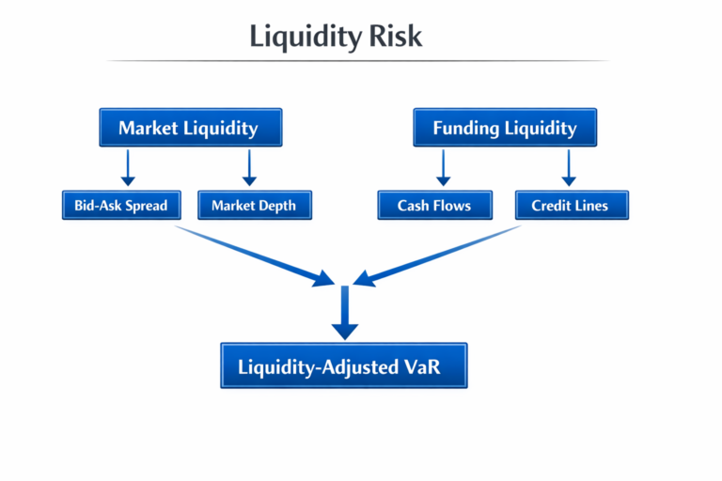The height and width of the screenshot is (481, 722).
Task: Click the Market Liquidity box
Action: click(x=190, y=128)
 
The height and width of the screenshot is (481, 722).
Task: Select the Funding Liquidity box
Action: click(x=505, y=128)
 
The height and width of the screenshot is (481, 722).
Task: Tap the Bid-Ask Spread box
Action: click(x=120, y=205)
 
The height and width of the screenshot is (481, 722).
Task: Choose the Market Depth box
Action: click(x=254, y=205)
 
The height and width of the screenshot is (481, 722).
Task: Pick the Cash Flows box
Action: click(x=434, y=205)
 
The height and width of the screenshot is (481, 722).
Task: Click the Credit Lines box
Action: click(x=571, y=205)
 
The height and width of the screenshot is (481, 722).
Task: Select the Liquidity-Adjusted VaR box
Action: click(x=344, y=366)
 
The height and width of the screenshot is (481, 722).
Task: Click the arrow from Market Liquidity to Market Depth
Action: click(x=249, y=166)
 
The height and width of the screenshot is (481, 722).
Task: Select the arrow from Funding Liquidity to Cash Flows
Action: click(x=444, y=166)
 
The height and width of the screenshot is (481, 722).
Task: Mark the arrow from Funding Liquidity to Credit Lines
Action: click(x=568, y=166)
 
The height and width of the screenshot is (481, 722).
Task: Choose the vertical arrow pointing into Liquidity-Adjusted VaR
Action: click(x=345, y=312)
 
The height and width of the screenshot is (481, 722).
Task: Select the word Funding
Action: click(x=467, y=128)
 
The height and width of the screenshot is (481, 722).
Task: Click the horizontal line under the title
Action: click(x=357, y=61)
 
